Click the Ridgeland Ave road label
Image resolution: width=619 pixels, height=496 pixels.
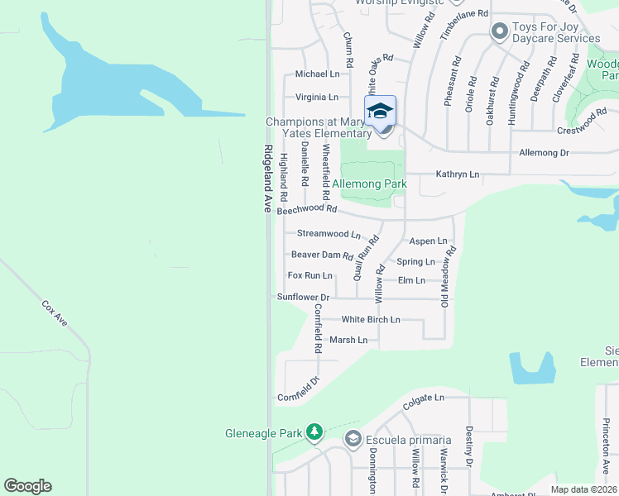[267, 180]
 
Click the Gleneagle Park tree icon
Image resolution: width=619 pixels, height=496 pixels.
[314, 432]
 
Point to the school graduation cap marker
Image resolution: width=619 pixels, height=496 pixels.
[381, 111]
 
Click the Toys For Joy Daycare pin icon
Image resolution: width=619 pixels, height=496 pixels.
[498, 33]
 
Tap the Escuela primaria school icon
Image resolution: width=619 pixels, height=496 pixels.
[353, 439]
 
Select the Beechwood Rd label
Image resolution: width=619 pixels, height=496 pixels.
[307, 210]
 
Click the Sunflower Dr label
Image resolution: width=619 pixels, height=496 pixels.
[303, 297]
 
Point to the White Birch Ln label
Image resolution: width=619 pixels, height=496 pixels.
[371, 319]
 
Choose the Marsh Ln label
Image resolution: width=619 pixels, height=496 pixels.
[348, 340]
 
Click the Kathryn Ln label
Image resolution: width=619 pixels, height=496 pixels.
[458, 174]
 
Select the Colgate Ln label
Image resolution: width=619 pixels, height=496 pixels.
[424, 398]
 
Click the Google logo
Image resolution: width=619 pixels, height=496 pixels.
[27, 486]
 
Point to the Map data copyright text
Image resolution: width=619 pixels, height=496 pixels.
[584, 489]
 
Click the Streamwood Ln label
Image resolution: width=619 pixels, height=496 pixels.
[329, 234]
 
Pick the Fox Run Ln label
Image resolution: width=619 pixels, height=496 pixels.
[309, 275]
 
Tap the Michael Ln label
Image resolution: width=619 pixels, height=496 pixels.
[317, 74]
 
